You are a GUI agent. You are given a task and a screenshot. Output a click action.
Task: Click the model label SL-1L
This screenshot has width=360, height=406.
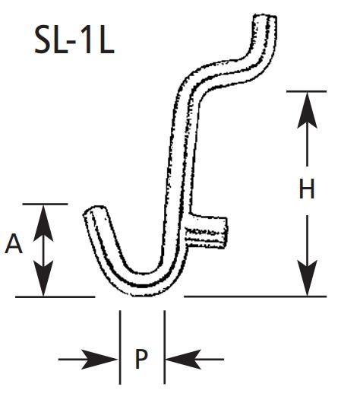point(74,40)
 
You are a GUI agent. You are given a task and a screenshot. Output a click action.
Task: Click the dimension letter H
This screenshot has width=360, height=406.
point(307,189)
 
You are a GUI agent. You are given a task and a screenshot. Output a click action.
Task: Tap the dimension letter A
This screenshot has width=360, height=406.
point(14,243)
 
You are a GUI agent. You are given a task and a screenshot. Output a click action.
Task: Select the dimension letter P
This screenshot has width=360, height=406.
point(141,359)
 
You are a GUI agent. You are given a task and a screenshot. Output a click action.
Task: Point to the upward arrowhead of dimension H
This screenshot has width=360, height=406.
point(307,110)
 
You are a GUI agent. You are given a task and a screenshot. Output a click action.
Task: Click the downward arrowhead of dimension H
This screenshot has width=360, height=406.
point(307,278)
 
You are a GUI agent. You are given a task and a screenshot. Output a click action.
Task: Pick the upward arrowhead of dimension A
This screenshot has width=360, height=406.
point(43,224)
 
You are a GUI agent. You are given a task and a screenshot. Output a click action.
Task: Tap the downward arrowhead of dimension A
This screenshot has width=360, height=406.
point(43,278)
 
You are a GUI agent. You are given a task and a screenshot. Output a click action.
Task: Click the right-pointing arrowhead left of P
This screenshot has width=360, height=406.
point(99,360)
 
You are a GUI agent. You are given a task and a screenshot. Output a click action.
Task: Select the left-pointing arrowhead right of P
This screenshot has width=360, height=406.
point(183,360)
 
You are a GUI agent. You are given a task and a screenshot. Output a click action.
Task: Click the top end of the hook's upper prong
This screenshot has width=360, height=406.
point(265,16)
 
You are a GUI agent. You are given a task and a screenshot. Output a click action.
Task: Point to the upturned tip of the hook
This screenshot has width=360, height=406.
point(95,211)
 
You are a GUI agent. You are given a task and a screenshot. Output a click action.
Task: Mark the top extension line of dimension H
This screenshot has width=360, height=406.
point(307,91)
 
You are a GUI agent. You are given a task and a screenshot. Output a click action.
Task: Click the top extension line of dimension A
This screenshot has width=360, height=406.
point(45,205)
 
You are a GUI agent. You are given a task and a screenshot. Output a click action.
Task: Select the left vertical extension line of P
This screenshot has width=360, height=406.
point(120,347)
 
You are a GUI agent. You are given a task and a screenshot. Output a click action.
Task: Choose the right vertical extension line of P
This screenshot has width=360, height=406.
point(165,347)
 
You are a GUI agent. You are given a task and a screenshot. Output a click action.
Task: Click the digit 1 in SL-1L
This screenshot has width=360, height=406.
point(87,40)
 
